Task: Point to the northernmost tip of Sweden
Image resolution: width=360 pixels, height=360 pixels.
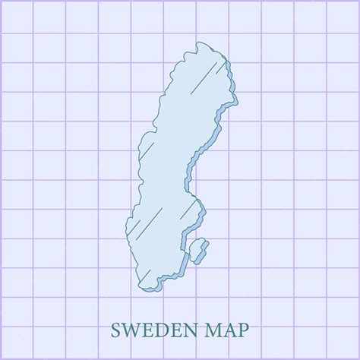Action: [199, 43]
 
